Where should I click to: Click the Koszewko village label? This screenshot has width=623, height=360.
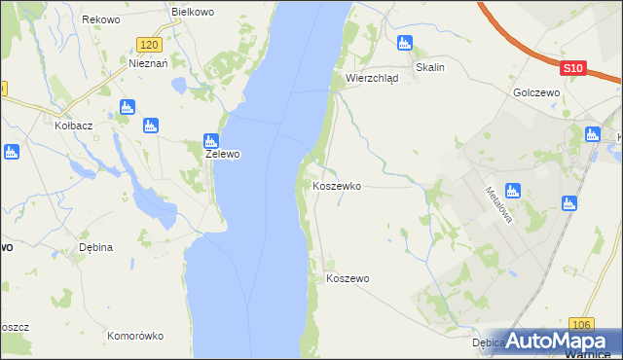(337, 185)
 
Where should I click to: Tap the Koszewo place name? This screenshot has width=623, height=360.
(348, 278)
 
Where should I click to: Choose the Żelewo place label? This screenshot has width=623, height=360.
(222, 154)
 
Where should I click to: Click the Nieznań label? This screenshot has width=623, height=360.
(149, 61)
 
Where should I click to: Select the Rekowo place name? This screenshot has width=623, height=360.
(100, 19)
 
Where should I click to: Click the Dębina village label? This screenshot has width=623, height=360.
(95, 247)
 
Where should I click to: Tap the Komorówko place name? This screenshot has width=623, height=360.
(135, 336)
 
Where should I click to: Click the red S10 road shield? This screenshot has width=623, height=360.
(573, 68)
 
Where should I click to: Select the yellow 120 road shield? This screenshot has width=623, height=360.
(148, 45)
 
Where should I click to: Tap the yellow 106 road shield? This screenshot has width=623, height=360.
(582, 324)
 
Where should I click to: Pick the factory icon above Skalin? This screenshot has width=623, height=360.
(405, 43)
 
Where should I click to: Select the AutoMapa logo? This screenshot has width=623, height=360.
(565, 341)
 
